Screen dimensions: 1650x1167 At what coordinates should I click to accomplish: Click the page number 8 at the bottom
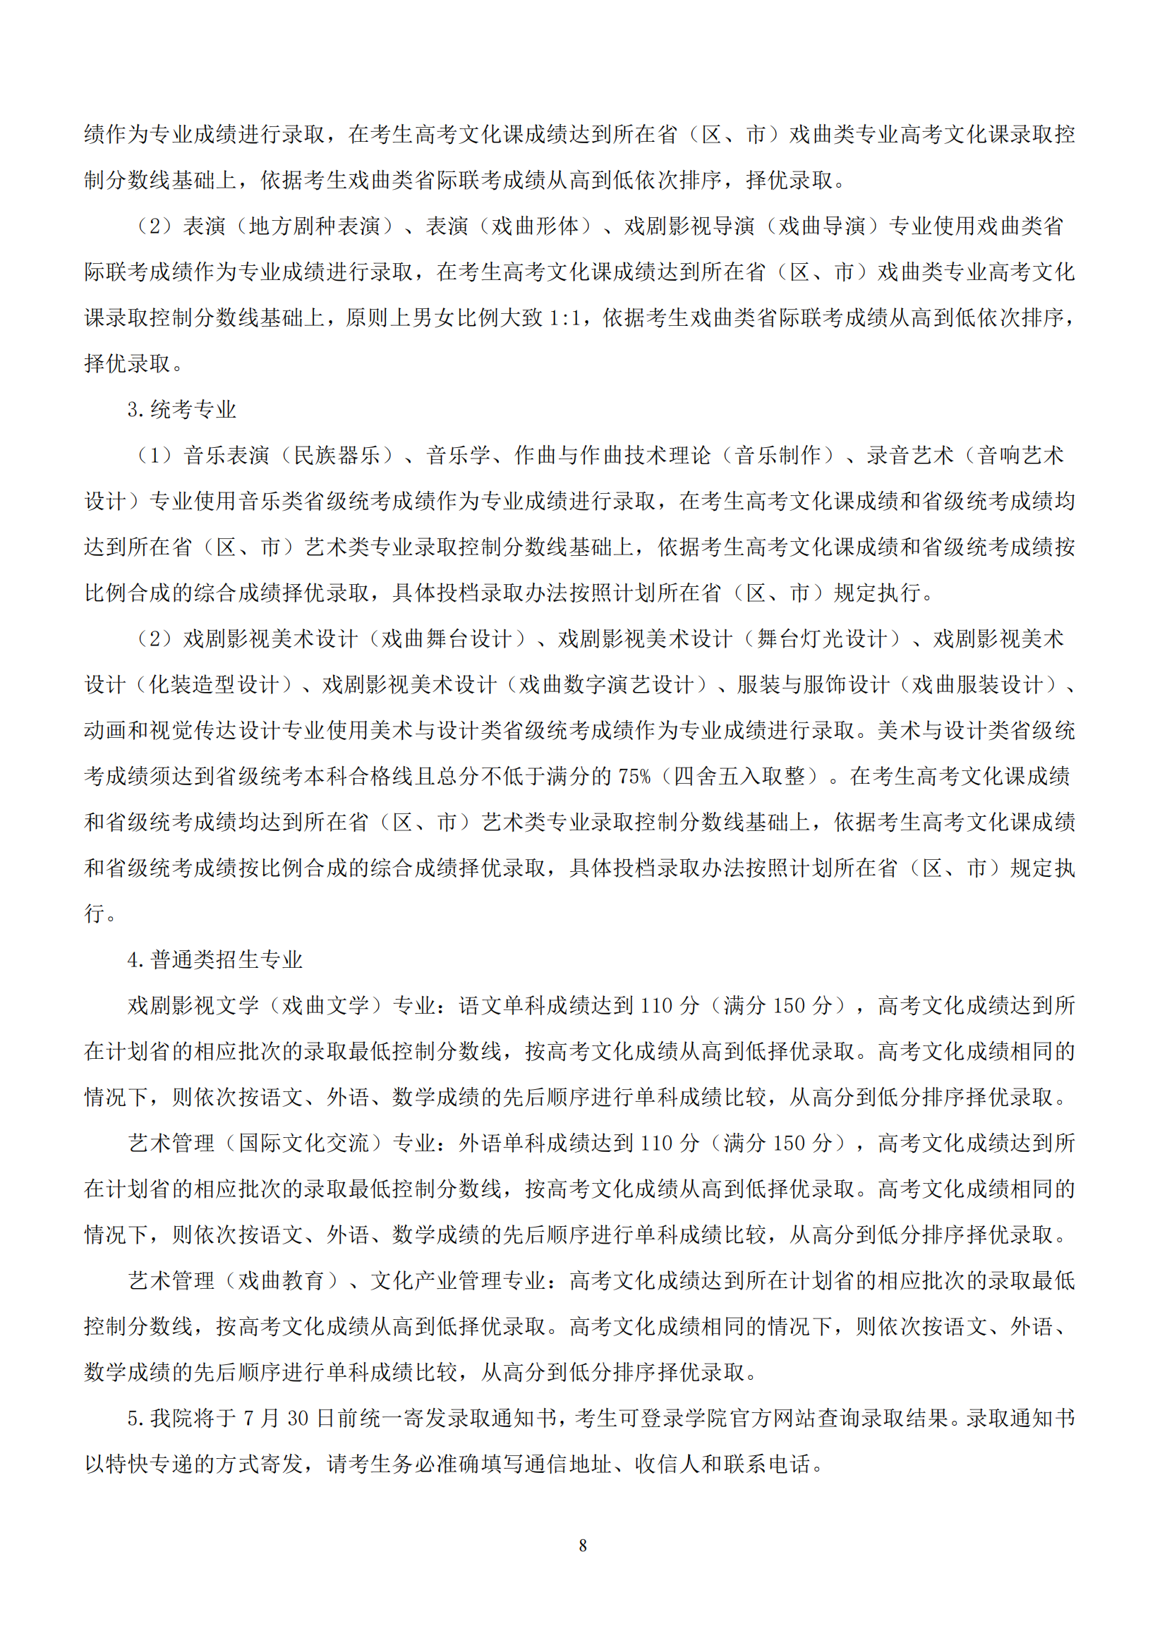click(x=583, y=1545)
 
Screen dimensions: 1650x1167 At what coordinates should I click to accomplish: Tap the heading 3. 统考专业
click(x=183, y=410)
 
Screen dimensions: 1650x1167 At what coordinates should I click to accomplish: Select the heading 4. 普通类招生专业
click(x=216, y=959)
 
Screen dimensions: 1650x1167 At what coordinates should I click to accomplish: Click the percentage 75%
click(x=634, y=776)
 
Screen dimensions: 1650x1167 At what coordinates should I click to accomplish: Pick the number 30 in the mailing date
click(x=298, y=1418)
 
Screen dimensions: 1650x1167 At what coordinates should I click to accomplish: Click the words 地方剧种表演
click(x=314, y=226)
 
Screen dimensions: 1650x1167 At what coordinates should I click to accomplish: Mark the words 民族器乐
click(x=337, y=456)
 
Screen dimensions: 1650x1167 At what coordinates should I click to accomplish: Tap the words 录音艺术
click(x=910, y=456)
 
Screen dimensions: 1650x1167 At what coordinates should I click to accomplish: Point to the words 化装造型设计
click(x=214, y=685)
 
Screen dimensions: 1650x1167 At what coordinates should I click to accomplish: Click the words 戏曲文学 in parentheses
click(x=325, y=1005)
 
